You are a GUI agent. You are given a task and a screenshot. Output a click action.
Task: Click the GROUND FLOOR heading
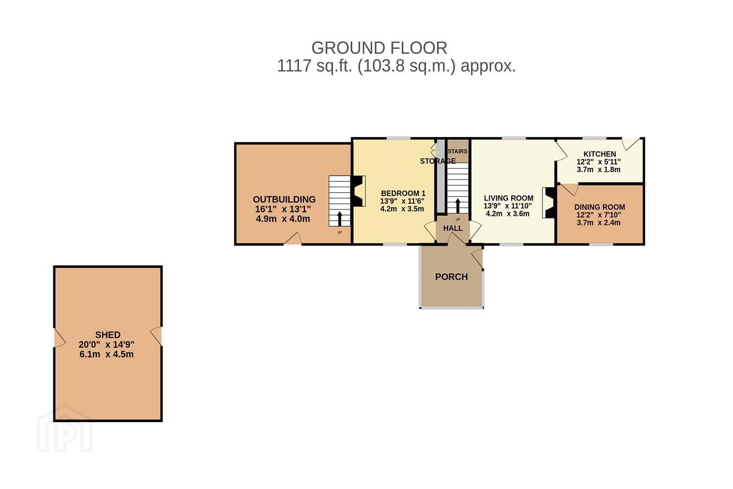379,48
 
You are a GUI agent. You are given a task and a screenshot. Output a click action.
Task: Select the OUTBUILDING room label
284,199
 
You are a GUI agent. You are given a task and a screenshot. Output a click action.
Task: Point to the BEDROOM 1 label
403,193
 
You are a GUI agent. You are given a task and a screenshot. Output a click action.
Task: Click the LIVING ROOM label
509,198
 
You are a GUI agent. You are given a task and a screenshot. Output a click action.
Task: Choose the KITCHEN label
600,154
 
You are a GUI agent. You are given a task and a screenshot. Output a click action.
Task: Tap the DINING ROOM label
600,207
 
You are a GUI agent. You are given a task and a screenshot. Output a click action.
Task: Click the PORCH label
451,277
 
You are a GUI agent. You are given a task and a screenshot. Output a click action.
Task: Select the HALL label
453,228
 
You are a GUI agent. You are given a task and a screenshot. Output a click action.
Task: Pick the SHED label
108,335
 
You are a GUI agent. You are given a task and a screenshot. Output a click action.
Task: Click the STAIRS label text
457,151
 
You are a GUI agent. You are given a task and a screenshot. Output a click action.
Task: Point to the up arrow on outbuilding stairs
340,219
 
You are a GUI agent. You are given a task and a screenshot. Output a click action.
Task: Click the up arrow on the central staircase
457,206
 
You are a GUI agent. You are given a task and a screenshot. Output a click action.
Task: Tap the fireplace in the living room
549,202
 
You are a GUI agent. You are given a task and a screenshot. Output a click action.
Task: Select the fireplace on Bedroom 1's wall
359,191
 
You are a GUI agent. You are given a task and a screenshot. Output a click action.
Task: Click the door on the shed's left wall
60,337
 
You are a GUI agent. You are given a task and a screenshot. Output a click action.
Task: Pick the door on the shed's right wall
156,336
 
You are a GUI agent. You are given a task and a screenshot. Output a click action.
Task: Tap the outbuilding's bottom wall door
293,239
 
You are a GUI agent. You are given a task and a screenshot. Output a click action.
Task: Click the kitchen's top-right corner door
631,144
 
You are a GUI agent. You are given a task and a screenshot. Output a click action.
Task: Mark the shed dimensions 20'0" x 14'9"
107,345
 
